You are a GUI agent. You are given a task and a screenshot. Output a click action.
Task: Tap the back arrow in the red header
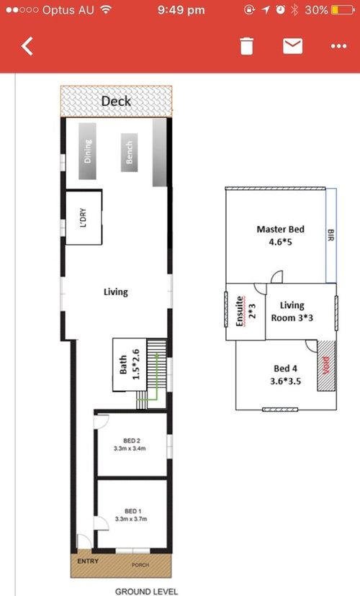pyautogui.click(x=27, y=46)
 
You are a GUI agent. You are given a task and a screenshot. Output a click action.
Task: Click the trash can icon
pyautogui.click(x=246, y=46)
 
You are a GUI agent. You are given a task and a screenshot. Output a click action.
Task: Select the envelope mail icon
pyautogui.click(x=293, y=46)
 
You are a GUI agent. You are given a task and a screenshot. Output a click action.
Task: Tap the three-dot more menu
pyautogui.click(x=338, y=46)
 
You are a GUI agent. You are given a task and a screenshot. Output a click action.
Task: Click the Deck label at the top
pyautogui.click(x=117, y=101)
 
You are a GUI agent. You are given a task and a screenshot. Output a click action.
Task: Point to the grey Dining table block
pyautogui.click(x=87, y=151)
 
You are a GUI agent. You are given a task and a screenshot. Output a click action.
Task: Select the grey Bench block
pyautogui.click(x=130, y=153)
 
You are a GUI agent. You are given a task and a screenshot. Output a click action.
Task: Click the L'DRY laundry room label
pyautogui.click(x=84, y=217)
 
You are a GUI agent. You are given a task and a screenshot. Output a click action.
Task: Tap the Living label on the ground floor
pyautogui.click(x=116, y=292)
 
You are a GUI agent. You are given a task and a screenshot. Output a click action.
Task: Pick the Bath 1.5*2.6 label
pyautogui.click(x=130, y=365)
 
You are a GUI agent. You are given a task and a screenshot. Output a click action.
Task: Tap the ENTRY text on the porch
pyautogui.click(x=88, y=561)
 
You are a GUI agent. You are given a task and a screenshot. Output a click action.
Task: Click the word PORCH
pyautogui.click(x=140, y=565)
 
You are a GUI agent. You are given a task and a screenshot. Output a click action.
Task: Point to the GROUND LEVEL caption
pyautogui.click(x=146, y=592)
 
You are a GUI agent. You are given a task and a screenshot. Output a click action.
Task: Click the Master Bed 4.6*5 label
pyautogui.click(x=281, y=235)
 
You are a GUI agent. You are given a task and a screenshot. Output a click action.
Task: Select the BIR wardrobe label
pyautogui.click(x=330, y=235)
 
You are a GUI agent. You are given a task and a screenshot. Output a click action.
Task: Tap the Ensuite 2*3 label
pyautogui.click(x=246, y=311)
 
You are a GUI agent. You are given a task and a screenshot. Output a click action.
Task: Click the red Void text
pyautogui.click(x=325, y=366)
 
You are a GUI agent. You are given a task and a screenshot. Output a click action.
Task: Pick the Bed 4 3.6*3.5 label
pyautogui.click(x=286, y=375)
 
